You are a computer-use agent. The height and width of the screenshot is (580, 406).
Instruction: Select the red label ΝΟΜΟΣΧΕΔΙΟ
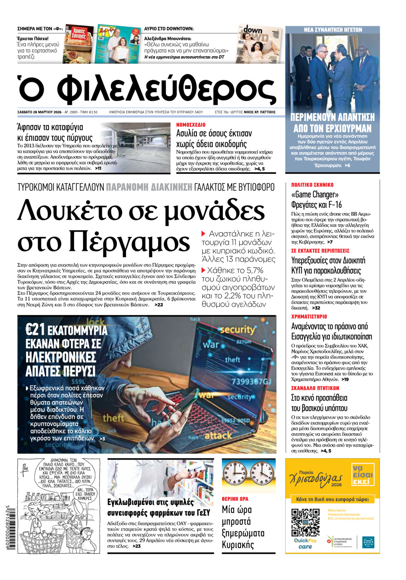pyautogui.click(x=191, y=124)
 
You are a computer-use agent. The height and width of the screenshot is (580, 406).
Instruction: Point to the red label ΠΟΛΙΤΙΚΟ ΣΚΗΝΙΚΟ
pyautogui.click(x=312, y=185)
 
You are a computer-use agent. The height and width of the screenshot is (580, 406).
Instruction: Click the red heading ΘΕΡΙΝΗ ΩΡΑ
pyautogui.click(x=235, y=499)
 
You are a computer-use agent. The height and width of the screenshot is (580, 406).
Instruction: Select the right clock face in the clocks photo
pyautogui.click(x=262, y=474)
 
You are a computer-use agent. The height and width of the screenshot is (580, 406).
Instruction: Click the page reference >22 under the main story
pyautogui.click(x=159, y=305)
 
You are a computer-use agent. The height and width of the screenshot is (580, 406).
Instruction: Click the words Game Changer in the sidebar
pyautogui.click(x=315, y=195)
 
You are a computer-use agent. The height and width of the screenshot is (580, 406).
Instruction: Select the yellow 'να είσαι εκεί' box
pyautogui.click(x=363, y=475)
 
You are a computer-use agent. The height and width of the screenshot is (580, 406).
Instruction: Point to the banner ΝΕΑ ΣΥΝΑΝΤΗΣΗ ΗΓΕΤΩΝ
pyautogui.click(x=332, y=29)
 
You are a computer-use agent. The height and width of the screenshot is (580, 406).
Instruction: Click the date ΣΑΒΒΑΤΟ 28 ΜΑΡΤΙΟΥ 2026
pyautogui.click(x=39, y=112)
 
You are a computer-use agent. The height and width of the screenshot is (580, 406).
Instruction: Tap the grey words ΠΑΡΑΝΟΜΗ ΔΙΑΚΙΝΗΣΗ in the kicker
pyautogui.click(x=149, y=187)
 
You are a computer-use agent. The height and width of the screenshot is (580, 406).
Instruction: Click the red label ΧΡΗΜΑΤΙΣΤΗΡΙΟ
pyautogui.click(x=309, y=316)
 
